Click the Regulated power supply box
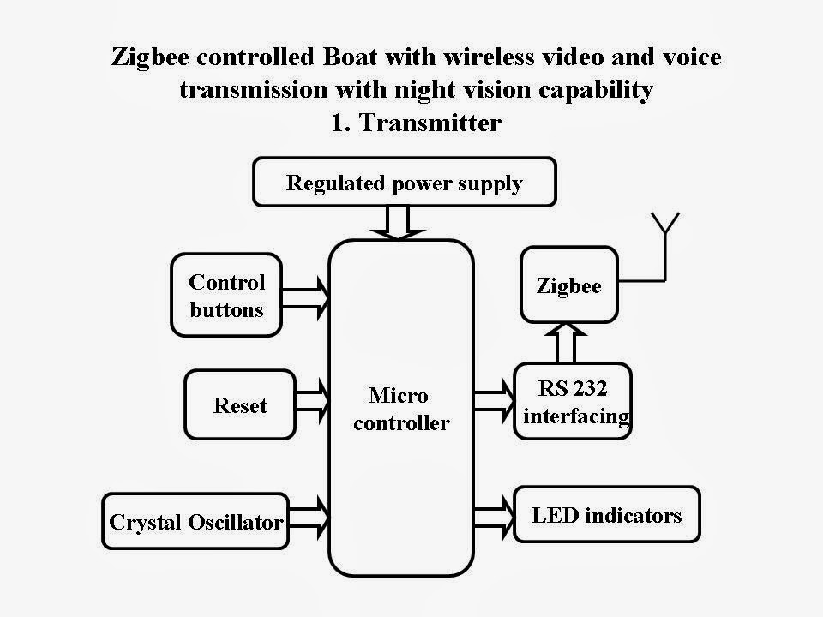[x=405, y=183]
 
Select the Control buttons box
[x=227, y=295]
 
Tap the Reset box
[x=240, y=405]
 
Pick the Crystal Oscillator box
[x=195, y=521]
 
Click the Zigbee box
[x=568, y=285]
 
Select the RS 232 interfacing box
[x=573, y=402]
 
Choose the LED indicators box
[x=606, y=515]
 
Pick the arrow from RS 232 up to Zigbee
[x=564, y=343]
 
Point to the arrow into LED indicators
[x=493, y=516]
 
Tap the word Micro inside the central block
[x=398, y=395]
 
